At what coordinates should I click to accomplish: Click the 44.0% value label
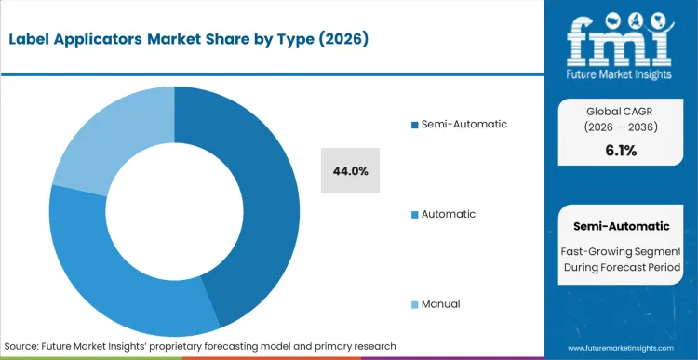(x=350, y=171)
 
